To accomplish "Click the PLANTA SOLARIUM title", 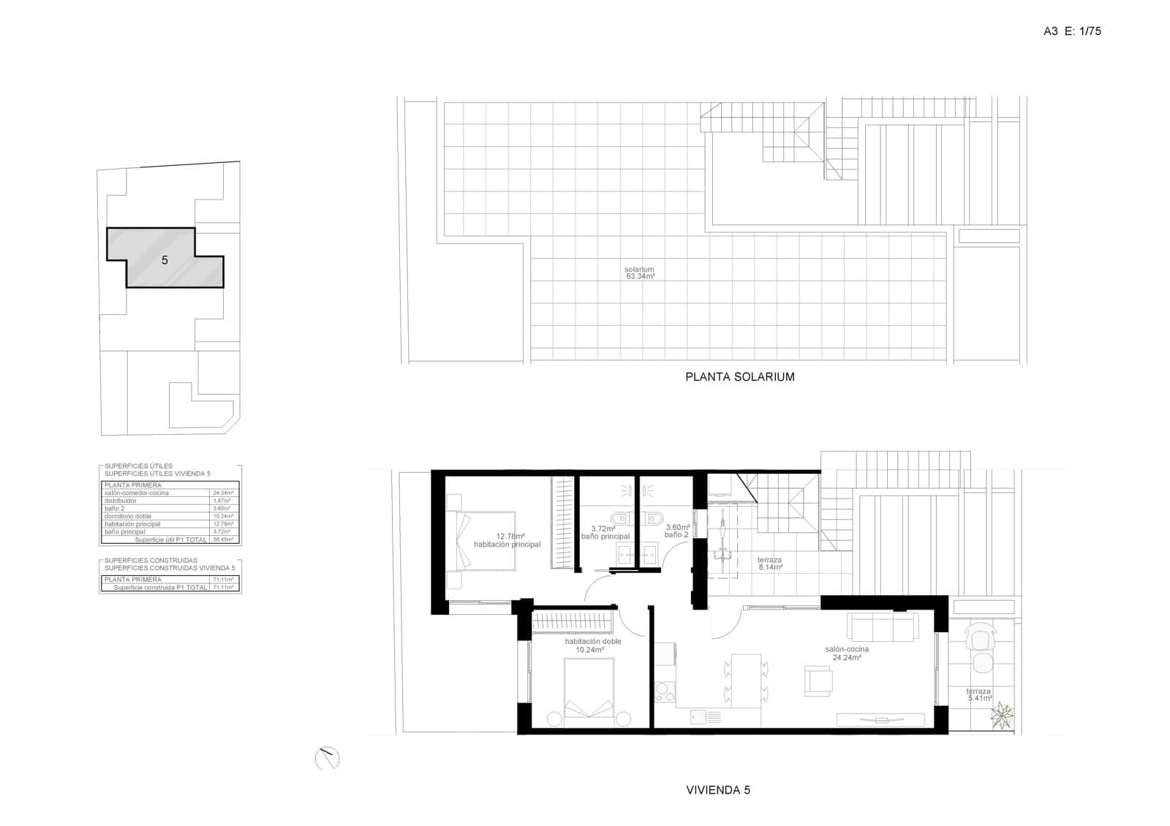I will [739, 377].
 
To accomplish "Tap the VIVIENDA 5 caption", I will [718, 789].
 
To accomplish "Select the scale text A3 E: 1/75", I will [1072, 31].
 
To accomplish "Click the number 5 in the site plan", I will [165, 260].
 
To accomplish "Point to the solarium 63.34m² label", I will [639, 273].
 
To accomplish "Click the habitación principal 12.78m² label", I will [507, 540].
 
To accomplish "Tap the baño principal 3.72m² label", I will [605, 533].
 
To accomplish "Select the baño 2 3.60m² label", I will [677, 531].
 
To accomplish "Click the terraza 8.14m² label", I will [770, 563].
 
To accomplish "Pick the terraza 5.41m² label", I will [978, 694].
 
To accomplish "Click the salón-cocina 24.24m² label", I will [847, 653].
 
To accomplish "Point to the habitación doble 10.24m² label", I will [592, 645].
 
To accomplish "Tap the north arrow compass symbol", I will [328, 759].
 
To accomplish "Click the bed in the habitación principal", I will [486, 540].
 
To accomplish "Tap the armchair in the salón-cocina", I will [818, 680].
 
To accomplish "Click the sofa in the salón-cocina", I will [883, 626].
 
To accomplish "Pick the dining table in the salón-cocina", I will [746, 680].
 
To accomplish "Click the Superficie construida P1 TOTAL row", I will [170, 587].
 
